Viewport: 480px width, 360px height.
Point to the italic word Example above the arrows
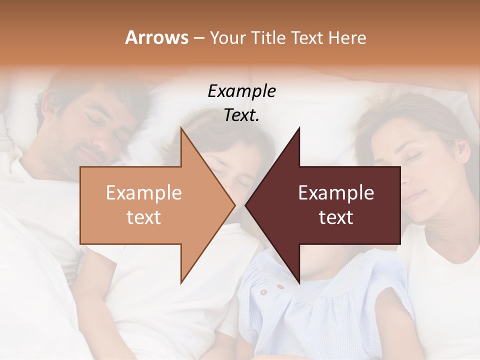(x=241, y=91)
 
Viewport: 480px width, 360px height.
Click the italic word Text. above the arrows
(x=241, y=115)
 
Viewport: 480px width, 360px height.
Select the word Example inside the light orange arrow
(x=144, y=193)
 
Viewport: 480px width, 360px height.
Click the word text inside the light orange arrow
(x=144, y=217)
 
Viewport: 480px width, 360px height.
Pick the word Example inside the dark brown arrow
(x=336, y=193)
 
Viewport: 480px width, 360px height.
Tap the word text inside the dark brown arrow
(x=336, y=217)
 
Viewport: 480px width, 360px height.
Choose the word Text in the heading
(x=307, y=37)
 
